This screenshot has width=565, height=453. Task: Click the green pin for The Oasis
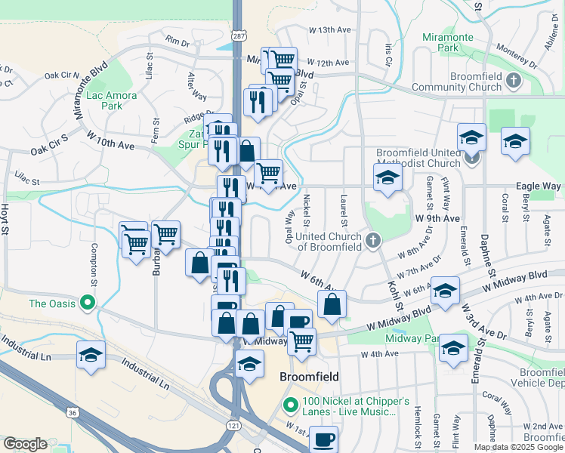(x=87, y=304)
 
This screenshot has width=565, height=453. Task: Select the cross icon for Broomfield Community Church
(x=514, y=79)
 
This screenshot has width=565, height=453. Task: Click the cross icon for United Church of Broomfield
(x=372, y=241)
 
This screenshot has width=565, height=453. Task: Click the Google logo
(x=26, y=444)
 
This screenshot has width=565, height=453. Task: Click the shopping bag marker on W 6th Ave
(x=331, y=304)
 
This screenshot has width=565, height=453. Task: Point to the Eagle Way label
(x=538, y=186)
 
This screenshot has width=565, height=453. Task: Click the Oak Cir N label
(x=62, y=75)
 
